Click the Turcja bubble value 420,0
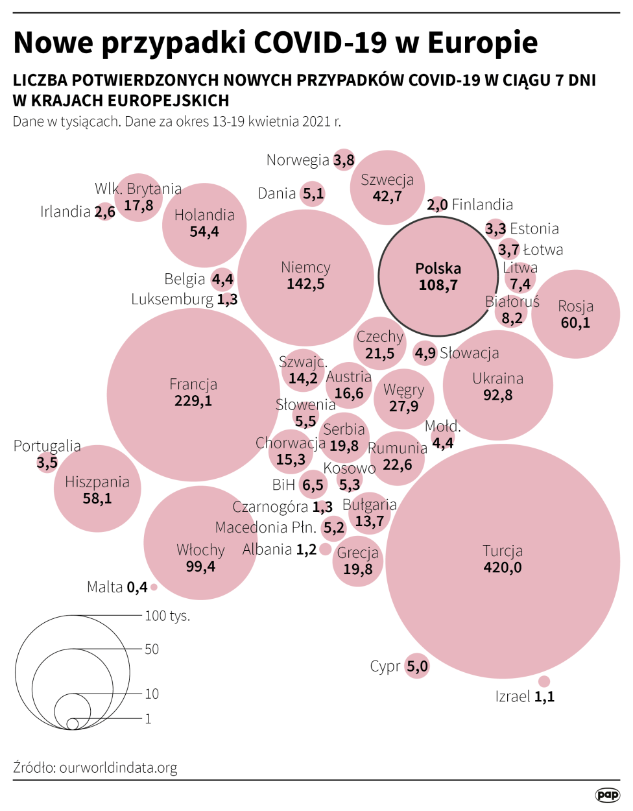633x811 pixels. click(x=503, y=568)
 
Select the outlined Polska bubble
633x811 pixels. click(x=438, y=276)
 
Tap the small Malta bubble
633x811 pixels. click(x=154, y=587)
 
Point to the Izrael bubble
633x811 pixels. click(x=544, y=681)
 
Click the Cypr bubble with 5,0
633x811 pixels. click(x=417, y=666)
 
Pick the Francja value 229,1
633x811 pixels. click(x=193, y=401)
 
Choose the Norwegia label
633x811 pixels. click(x=298, y=160)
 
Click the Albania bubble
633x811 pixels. click(x=326, y=550)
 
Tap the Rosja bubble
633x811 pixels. click(x=575, y=314)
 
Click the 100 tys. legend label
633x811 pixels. click(x=167, y=616)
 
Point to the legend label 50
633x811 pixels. click(x=152, y=649)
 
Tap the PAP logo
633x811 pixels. click(x=607, y=795)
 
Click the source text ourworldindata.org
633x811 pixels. click(x=118, y=768)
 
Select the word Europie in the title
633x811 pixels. click(x=483, y=43)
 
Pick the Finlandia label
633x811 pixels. click(x=482, y=205)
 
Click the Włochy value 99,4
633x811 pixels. click(x=200, y=566)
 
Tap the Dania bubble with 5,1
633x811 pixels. click(x=313, y=193)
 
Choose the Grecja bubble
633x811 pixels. click(x=358, y=561)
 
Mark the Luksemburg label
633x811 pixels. click(x=172, y=299)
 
